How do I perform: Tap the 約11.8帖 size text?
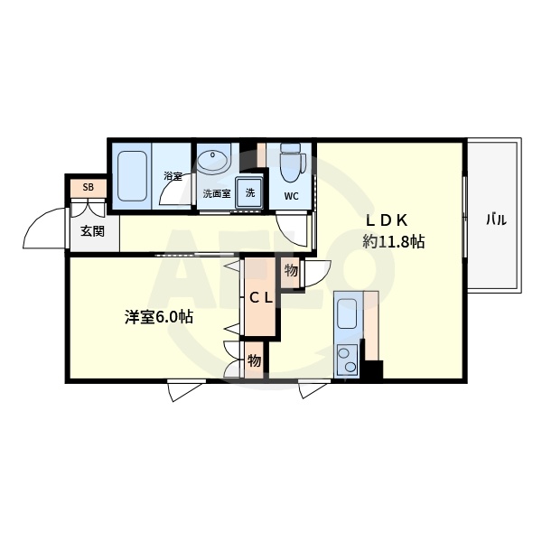395,242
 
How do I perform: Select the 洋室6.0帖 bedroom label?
157,317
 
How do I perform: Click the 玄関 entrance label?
92,231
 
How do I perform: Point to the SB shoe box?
89,188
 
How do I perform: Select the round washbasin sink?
214,162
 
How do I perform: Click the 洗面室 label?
215,193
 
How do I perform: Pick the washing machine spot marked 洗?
250,192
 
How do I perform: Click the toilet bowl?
291,164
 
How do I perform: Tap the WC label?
292,195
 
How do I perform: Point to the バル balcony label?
496,219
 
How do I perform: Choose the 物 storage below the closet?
254,360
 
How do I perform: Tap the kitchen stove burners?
347,360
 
